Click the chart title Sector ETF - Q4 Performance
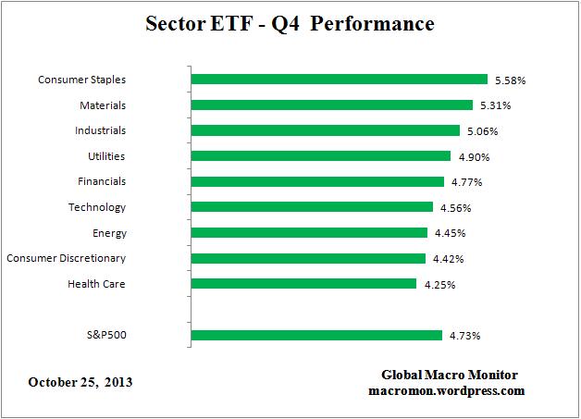tap(290, 24)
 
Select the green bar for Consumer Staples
tap(339, 80)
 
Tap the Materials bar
tap(331, 105)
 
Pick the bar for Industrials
tap(325, 130)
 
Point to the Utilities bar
tap(320, 156)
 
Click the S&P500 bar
tap(315, 335)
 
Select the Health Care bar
tap(303, 284)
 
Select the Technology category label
tap(96, 207)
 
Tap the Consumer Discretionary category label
tap(66, 258)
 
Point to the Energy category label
tap(109, 233)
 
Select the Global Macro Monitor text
tap(450, 375)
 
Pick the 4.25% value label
tap(439, 284)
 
